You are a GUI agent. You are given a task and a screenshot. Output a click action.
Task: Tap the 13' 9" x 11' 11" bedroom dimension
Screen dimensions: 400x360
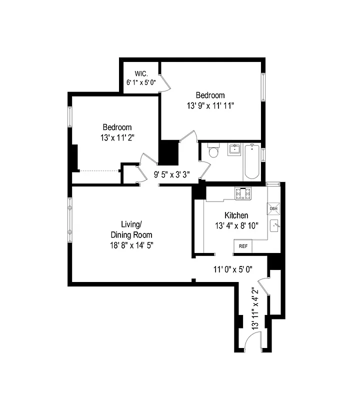[210, 105]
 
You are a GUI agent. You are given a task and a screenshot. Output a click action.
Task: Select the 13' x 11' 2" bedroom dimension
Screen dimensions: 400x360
[117, 137]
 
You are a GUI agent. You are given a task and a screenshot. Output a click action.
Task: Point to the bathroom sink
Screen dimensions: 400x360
[234, 149]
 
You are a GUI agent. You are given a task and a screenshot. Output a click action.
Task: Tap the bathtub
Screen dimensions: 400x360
[251, 162]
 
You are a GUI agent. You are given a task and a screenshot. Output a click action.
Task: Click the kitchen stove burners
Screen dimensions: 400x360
[242, 192]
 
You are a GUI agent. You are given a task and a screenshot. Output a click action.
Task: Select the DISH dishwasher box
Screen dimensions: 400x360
[273, 208]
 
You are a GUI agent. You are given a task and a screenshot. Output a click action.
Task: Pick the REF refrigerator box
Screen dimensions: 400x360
[243, 246]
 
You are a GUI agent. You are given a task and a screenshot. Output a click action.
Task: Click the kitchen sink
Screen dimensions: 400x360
[274, 226]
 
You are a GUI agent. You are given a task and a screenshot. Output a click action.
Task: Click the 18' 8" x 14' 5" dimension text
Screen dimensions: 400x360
[131, 245]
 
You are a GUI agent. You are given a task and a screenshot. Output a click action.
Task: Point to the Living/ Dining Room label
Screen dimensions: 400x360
[131, 229]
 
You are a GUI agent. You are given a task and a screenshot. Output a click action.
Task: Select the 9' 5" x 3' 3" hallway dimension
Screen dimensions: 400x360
[171, 175]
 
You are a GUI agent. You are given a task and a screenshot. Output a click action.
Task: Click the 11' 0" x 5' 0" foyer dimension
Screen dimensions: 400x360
[233, 269]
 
